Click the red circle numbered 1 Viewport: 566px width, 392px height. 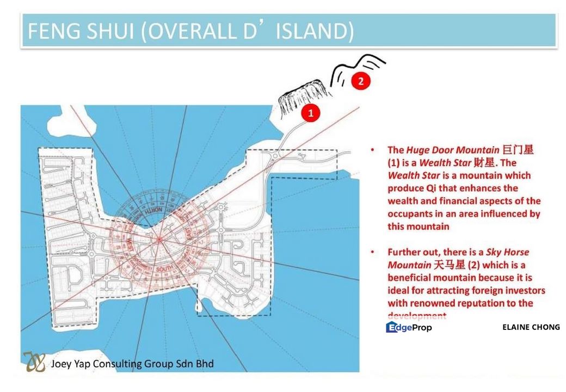pos(310,113)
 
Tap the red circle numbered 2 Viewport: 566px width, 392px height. pos(360,82)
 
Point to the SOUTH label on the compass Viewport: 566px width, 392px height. pos(164,269)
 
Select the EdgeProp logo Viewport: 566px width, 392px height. pos(409,327)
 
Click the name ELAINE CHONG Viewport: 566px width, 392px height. pos(531,327)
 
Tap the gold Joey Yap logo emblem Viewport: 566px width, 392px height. pos(34,362)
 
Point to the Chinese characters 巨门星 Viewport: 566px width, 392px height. pos(518,150)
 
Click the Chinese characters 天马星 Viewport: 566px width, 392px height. pos(450,265)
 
